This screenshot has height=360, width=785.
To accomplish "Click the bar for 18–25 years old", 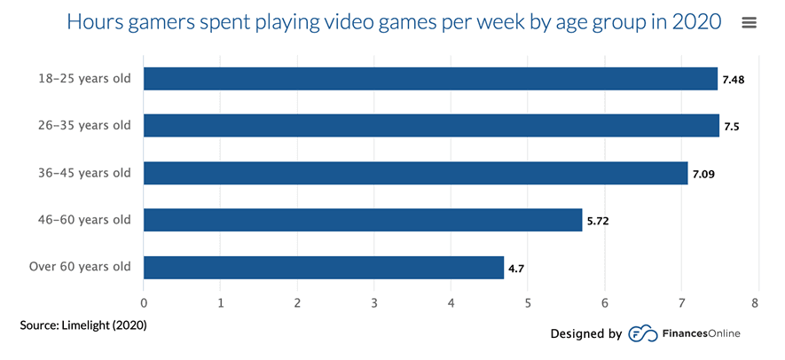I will (430, 79).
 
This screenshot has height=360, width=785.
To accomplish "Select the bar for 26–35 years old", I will (431, 126).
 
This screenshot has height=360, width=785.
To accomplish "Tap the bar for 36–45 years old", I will (415, 173).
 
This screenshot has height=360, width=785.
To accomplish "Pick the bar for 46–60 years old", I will (363, 220).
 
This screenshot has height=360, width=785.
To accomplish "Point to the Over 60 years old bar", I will (324, 267).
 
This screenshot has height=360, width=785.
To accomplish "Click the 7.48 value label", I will (733, 80).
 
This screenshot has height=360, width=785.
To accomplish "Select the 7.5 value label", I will (732, 127).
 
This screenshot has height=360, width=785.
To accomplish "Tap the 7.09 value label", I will (703, 174).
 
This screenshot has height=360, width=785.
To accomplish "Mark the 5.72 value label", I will (597, 221).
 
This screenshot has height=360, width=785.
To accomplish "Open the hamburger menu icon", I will (750, 23).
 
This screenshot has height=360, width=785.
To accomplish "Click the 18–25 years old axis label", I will (84, 79).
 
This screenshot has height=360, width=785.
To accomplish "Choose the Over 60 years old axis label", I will (80, 267).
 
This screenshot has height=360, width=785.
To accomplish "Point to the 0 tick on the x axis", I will (144, 303).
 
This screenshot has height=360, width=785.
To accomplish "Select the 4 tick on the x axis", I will (451, 303).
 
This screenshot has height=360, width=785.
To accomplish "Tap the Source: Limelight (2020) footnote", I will (83, 325).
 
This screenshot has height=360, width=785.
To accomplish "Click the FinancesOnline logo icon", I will (642, 334).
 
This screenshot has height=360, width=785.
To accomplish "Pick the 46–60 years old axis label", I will (84, 220).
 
